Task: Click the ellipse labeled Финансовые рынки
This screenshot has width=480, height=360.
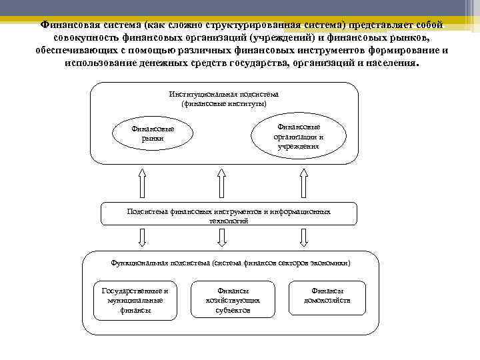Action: coord(152,133)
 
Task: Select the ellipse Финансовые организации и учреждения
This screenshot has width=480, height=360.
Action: coord(298,136)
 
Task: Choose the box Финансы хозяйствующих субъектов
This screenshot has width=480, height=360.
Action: coord(233,300)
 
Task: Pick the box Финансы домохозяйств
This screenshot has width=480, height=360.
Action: coord(327,296)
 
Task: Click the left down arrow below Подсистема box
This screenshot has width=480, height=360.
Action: coord(142,237)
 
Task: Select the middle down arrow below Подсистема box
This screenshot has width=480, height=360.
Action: coord(223,237)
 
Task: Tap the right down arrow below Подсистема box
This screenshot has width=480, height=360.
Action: coord(303,237)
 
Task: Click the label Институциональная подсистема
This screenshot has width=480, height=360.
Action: coord(224,95)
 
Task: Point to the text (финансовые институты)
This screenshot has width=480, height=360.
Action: coord(224,104)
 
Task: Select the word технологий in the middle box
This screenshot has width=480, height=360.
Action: coord(229,221)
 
